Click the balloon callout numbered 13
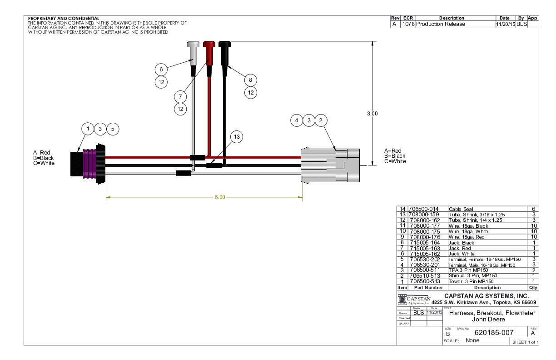click(236, 136)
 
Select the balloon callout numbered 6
click(160, 70)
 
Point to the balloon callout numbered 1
click(88, 129)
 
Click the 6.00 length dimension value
click(219, 197)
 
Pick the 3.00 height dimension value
click(372, 114)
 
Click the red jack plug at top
click(209, 52)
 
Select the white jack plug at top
click(193, 52)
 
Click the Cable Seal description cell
click(461, 209)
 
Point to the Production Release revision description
click(441, 24)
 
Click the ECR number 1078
click(408, 24)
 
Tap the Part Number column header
click(426, 287)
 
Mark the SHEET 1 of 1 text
click(525, 342)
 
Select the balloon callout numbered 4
click(297, 120)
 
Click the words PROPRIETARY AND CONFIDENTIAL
click(63, 18)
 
